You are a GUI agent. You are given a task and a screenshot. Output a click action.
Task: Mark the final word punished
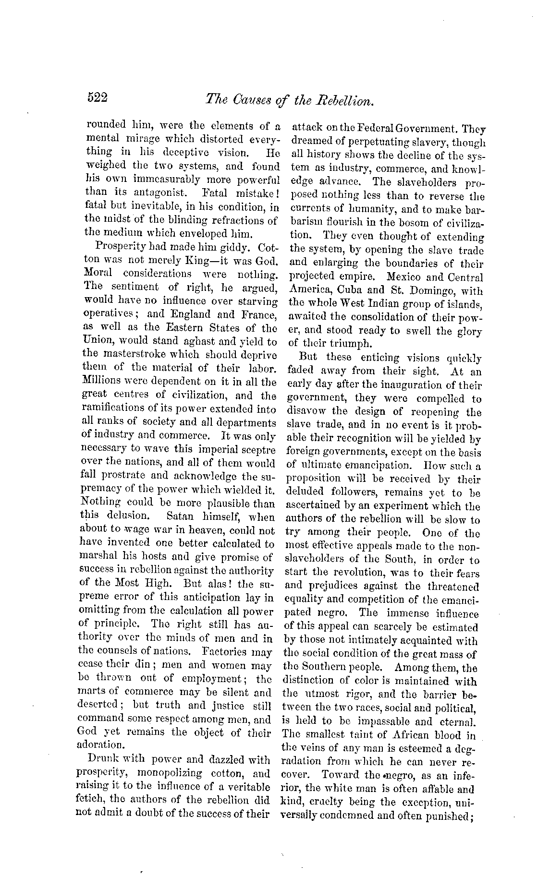(x=449, y=816)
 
